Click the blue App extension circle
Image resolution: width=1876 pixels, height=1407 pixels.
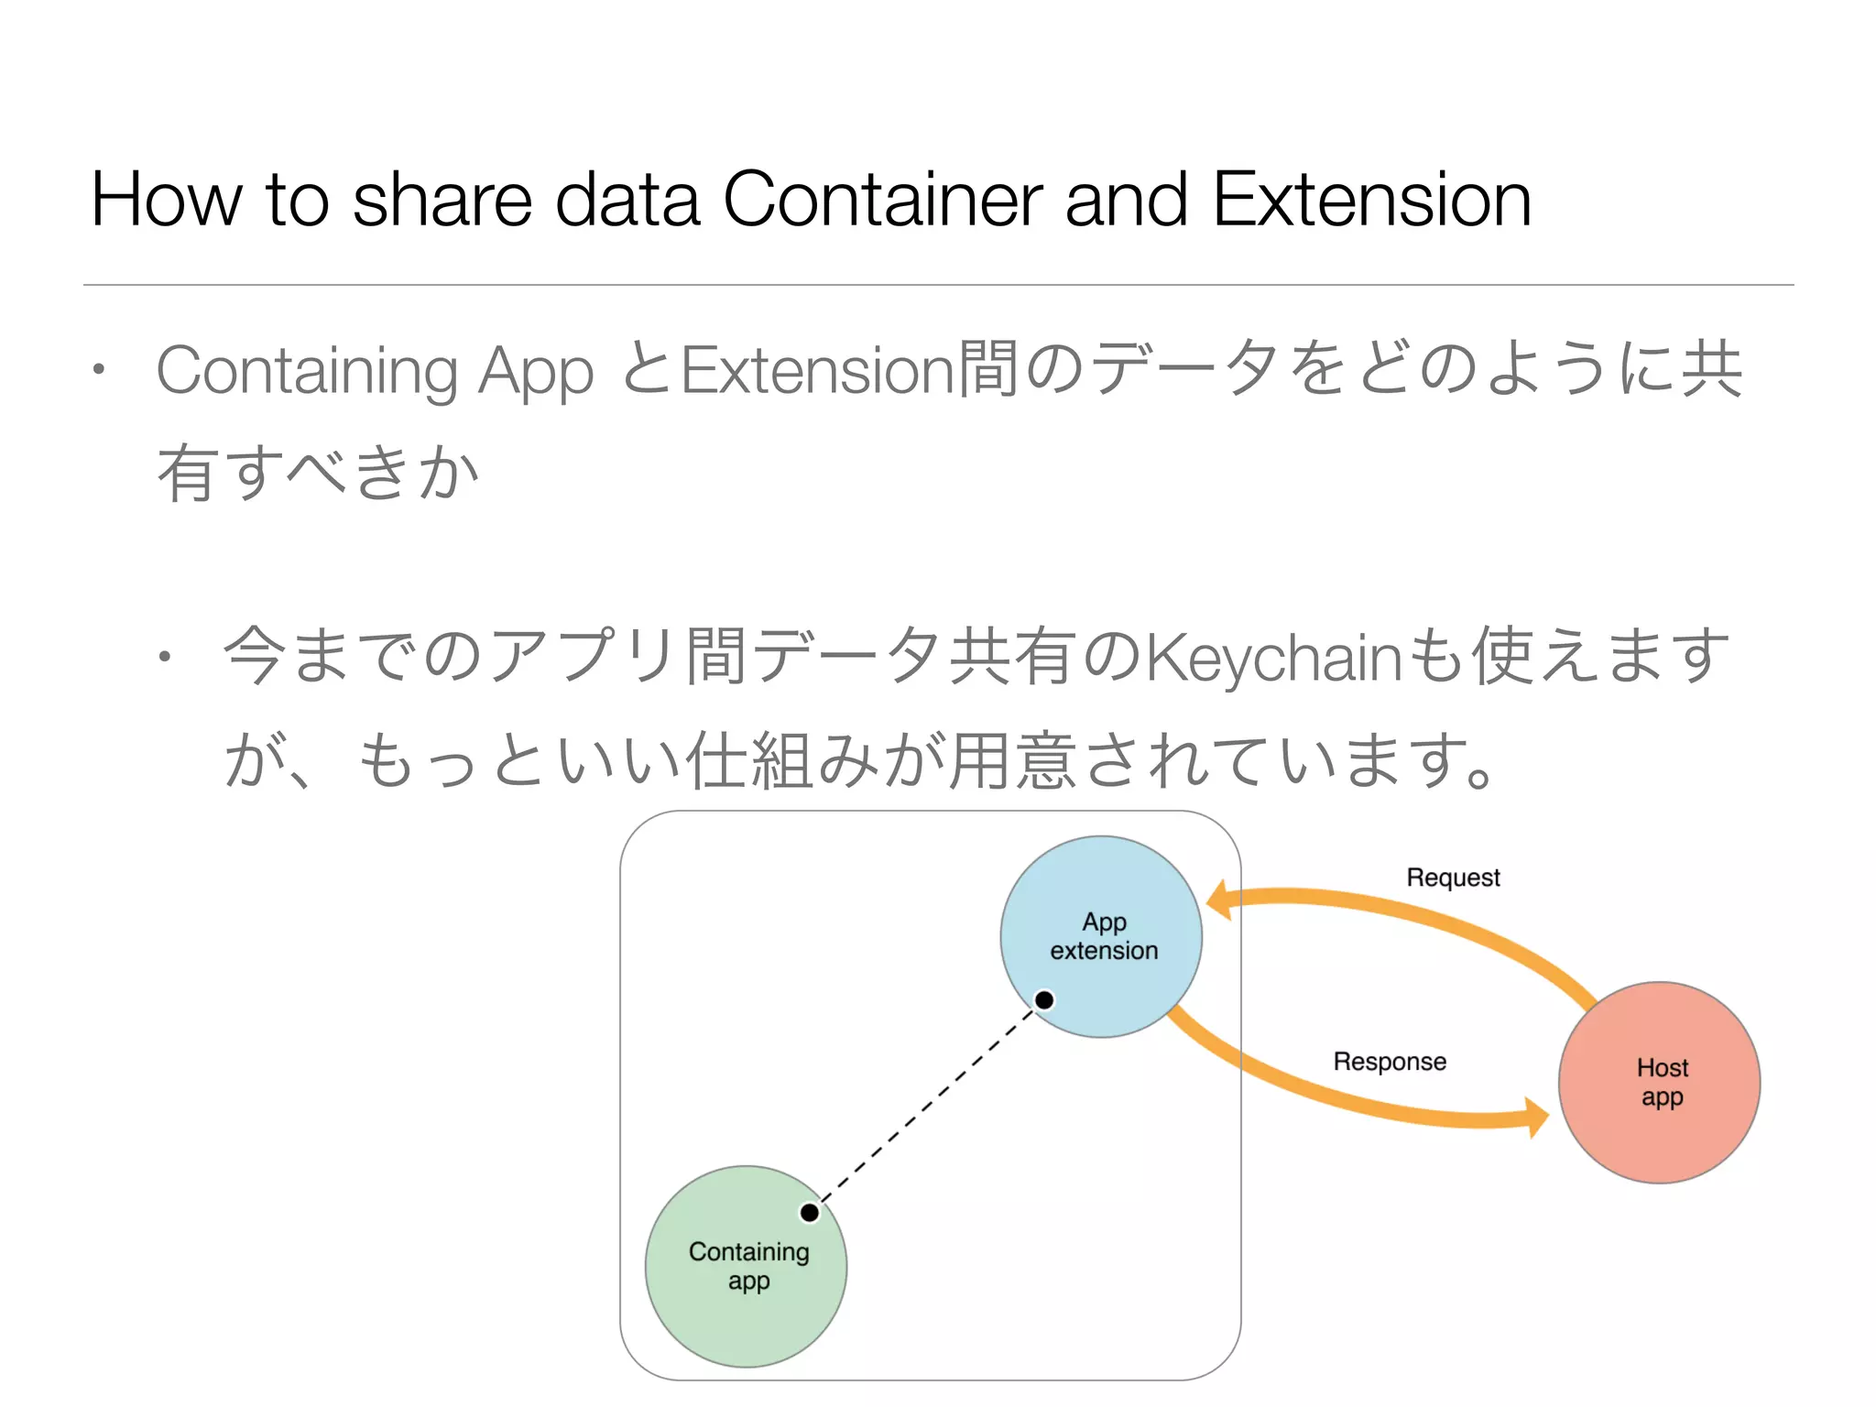(1101, 936)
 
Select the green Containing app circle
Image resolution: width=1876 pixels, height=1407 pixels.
(747, 1267)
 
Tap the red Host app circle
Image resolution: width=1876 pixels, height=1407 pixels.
(1660, 1083)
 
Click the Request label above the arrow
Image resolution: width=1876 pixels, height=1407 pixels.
(1454, 878)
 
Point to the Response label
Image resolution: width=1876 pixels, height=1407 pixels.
(1390, 1062)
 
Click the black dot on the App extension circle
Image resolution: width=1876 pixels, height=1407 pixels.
(1044, 999)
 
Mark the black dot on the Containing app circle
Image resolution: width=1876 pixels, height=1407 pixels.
(810, 1213)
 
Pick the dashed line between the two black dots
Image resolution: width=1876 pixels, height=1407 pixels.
(927, 1107)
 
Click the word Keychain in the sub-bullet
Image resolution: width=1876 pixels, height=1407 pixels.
(1273, 658)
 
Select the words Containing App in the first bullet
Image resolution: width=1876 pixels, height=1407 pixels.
(375, 371)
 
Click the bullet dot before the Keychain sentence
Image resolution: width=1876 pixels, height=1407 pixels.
(164, 656)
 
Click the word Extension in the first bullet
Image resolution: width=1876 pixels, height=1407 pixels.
(818, 370)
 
